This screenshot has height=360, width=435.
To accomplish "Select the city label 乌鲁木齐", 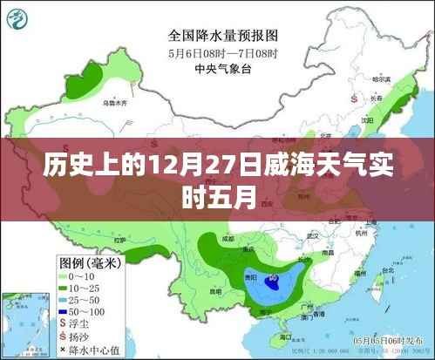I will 115,104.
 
